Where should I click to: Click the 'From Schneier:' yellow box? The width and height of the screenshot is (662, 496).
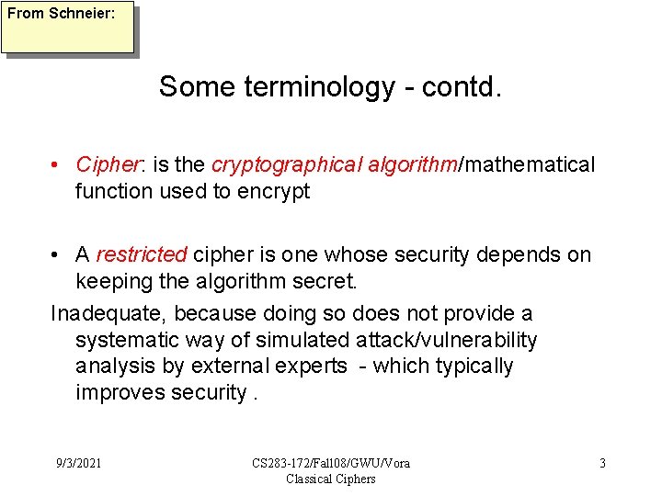[67, 28]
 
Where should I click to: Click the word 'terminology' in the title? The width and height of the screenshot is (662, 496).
[319, 87]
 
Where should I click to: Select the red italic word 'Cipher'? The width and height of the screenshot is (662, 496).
[106, 164]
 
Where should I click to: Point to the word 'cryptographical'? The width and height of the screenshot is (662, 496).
[287, 164]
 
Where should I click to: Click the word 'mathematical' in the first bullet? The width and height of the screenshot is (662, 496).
[531, 164]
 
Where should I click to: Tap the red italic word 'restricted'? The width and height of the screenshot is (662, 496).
[141, 254]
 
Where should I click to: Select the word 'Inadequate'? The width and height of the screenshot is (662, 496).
[108, 314]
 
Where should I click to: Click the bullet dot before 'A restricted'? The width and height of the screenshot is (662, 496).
[57, 255]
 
